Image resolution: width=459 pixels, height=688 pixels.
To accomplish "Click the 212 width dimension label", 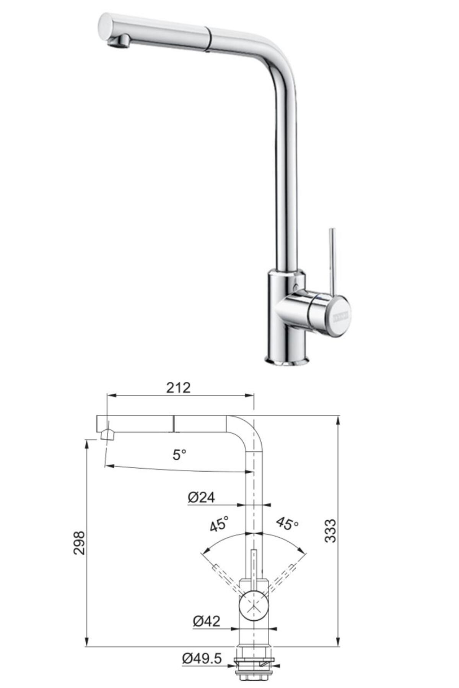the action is point(178,388).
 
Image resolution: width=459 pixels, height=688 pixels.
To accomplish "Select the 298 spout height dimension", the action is point(79,543).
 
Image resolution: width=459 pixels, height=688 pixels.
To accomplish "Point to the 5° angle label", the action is point(179,455).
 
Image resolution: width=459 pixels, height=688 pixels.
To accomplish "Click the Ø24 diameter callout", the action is point(201,497).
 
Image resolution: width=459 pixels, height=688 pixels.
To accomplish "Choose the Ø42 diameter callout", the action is point(207,621).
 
